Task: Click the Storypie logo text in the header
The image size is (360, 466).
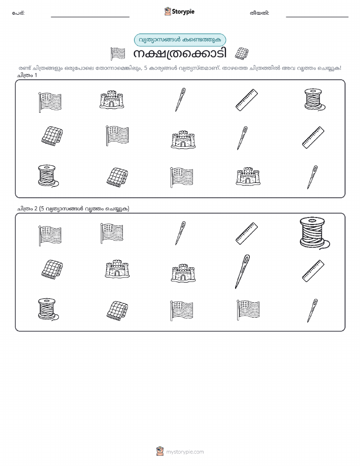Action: [183, 12]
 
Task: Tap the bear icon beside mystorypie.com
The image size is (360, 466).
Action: [160, 451]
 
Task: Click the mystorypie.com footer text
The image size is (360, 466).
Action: [185, 452]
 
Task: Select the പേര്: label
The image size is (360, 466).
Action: [18, 13]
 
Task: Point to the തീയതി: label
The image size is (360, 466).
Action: [259, 13]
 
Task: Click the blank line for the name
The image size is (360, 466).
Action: [90, 17]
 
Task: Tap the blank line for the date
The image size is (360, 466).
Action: [317, 17]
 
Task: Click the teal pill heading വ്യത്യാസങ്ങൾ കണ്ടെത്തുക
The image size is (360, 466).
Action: [180, 40]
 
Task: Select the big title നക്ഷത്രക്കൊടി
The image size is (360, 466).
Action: [180, 53]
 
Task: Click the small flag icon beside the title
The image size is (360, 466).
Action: [118, 53]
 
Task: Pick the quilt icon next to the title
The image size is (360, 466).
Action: [242, 53]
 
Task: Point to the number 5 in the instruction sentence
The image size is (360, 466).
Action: [146, 68]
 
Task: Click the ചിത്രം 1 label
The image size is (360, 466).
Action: [27, 75]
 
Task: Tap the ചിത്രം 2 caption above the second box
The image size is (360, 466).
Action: [73, 208]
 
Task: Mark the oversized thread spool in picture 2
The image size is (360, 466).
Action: [314, 233]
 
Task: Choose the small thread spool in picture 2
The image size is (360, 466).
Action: [48, 309]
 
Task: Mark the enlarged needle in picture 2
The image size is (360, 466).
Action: [242, 271]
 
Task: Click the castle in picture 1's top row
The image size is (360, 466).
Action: [112, 99]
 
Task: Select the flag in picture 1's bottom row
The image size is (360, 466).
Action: [181, 177]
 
